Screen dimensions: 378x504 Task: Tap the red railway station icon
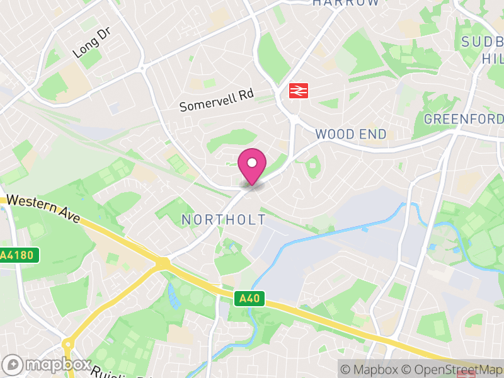point(297,91)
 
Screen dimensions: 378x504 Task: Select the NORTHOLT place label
point(224,219)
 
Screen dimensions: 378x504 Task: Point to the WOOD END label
point(351,134)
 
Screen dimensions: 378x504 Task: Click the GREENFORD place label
point(464,119)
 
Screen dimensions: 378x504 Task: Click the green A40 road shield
point(251,299)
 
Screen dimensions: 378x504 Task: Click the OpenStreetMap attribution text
point(454,369)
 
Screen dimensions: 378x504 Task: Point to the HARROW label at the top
point(346,3)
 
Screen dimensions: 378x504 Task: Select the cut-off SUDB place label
point(482,42)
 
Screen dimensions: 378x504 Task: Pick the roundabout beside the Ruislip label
point(68,346)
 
